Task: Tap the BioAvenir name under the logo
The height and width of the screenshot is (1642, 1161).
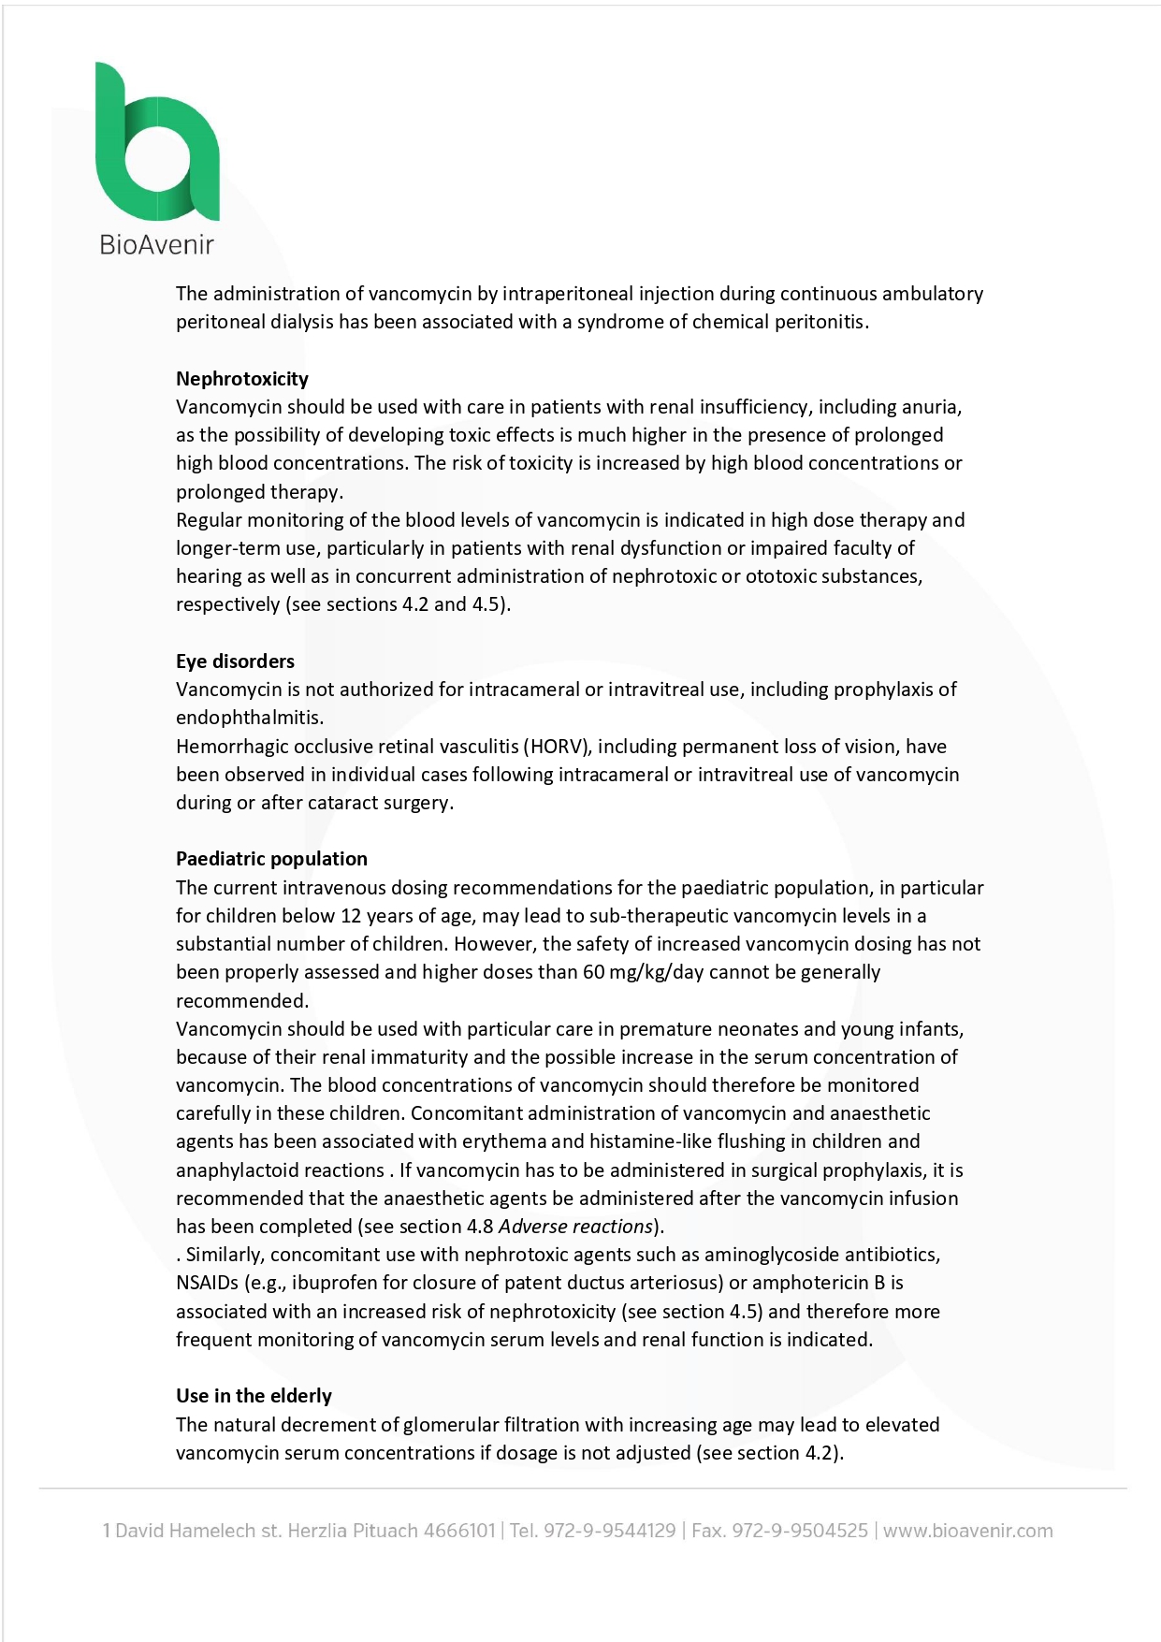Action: (156, 245)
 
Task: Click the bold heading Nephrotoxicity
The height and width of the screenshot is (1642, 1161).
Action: (242, 378)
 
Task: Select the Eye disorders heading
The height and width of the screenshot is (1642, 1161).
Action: (235, 661)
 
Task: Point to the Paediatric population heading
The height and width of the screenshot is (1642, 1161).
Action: (271, 858)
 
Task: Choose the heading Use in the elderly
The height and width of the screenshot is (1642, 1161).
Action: (254, 1395)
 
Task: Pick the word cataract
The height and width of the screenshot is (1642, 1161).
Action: (343, 803)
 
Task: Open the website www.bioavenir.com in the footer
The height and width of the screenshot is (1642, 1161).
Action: (967, 1531)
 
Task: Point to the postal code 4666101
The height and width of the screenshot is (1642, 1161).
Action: (458, 1531)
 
